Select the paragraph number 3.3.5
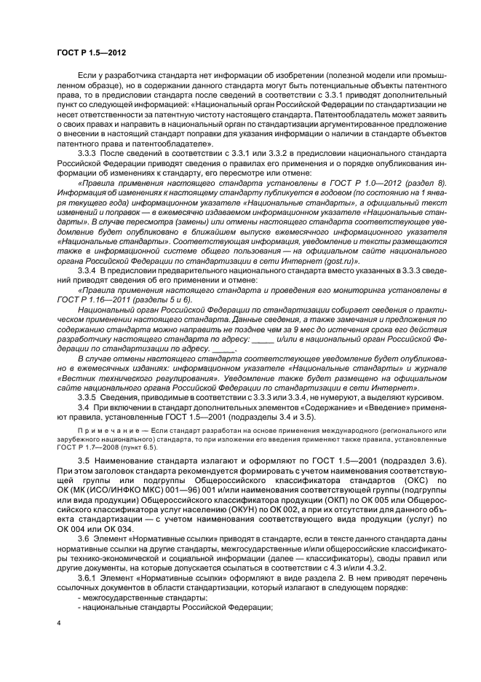(x=88, y=396)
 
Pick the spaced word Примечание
(x=99, y=432)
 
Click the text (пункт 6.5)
(x=127, y=450)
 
